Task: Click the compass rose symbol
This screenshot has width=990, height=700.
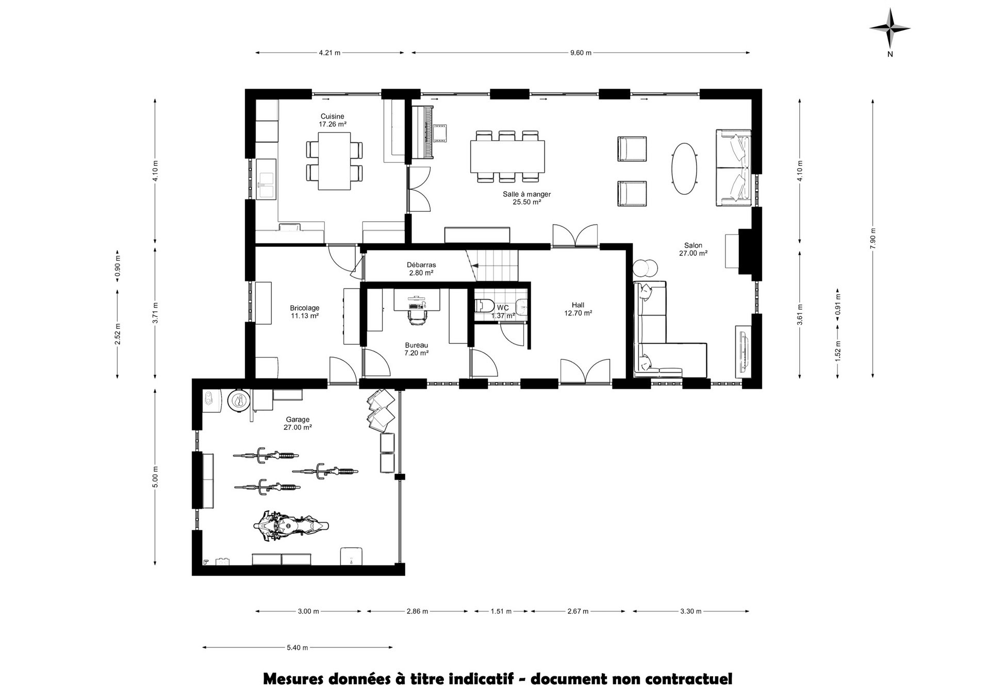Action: (x=890, y=29)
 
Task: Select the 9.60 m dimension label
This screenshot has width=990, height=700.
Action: (x=581, y=53)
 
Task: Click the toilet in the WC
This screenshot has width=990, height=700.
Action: (x=484, y=306)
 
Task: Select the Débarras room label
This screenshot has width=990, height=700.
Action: (x=421, y=265)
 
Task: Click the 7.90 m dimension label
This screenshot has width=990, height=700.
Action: (x=872, y=239)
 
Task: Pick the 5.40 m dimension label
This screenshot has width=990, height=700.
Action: (x=298, y=647)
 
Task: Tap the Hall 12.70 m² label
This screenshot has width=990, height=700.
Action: (x=578, y=309)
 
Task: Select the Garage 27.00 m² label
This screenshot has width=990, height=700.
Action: (x=298, y=423)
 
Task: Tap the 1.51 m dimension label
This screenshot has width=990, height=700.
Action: (x=501, y=611)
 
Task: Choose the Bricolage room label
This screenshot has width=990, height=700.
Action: (x=304, y=312)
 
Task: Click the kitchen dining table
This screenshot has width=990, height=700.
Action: (x=334, y=161)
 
